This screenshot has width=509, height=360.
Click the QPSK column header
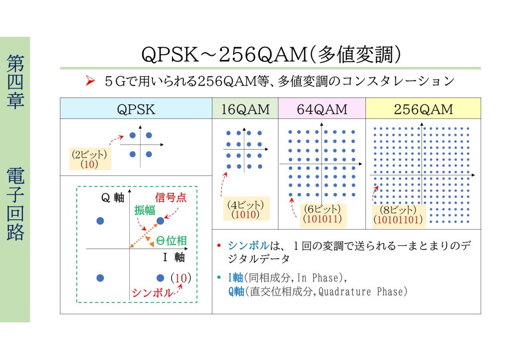pos(136,109)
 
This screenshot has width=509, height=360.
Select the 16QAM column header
pos(246,109)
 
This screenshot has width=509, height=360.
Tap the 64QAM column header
pos(322,109)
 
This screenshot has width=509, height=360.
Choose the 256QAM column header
pos(424,109)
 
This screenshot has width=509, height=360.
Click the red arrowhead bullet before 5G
pos(90,81)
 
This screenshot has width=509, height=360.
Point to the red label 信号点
pos(170,197)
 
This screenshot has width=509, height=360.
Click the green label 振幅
pos(145,210)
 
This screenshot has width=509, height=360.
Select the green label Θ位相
pos(171,241)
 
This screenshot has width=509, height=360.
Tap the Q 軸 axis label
pos(113,197)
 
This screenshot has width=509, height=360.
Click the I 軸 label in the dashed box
pos(173,257)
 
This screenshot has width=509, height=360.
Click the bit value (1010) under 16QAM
pos(246,214)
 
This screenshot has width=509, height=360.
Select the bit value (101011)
pos(322,218)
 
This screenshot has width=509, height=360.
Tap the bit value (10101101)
pos(398,219)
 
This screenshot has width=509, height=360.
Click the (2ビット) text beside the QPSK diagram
pos(89,154)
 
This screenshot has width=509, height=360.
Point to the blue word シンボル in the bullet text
pos(249,246)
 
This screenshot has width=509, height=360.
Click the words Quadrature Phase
pos(362,291)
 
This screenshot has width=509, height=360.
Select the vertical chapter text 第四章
pos(15,81)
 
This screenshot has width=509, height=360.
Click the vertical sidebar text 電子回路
pos(15,204)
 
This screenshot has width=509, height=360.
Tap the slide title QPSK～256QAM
pos(224,54)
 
